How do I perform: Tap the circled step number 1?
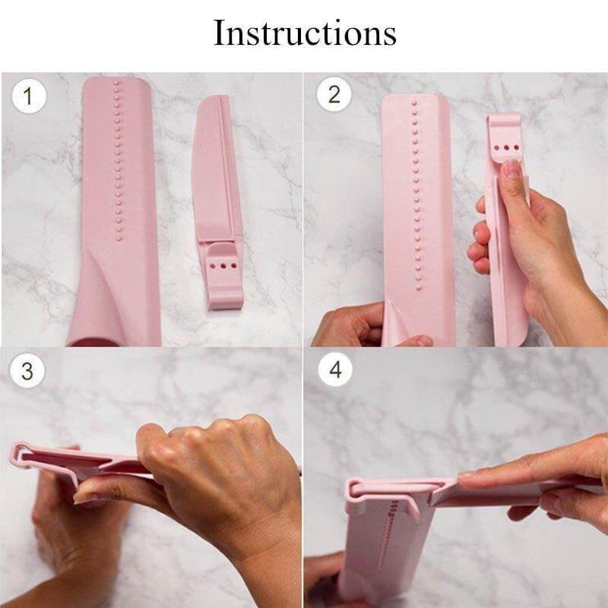pos(28,97)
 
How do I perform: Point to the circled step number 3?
pos(28,372)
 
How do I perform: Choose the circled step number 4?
pos(334,372)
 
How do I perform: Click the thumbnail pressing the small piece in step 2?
pos(515,166)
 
